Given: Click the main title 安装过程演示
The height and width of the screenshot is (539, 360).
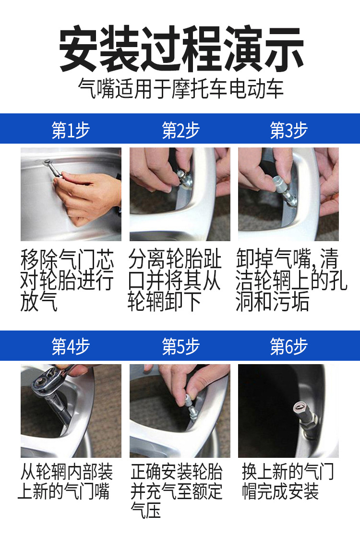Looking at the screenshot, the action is coord(181,49).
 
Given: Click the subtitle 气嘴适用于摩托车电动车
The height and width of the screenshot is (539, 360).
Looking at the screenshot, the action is coord(181,88).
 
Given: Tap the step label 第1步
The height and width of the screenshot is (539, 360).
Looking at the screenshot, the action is coord(71,130).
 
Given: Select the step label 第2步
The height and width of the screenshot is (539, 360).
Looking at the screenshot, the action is coord(180,130).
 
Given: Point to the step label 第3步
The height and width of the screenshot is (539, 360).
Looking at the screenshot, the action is coord(288,130).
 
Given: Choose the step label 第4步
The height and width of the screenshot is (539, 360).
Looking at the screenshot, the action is coord(71,346).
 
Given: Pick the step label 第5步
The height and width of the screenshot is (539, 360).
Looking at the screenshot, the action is coord(180,346).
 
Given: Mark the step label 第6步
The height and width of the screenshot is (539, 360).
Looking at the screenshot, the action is coord(288,346).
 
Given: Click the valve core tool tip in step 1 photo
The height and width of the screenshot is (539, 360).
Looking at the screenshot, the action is coord(47,162).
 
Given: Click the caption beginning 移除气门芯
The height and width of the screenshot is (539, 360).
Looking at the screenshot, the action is coord(67,281).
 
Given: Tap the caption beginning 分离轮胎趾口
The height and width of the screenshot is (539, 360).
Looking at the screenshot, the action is coord(175,281).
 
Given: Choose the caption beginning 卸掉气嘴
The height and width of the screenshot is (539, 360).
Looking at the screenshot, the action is coord(291,281).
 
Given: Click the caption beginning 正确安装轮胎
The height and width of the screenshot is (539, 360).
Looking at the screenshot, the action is coord(177,490).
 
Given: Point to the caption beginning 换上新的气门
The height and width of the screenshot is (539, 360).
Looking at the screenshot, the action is coord(288,481).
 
